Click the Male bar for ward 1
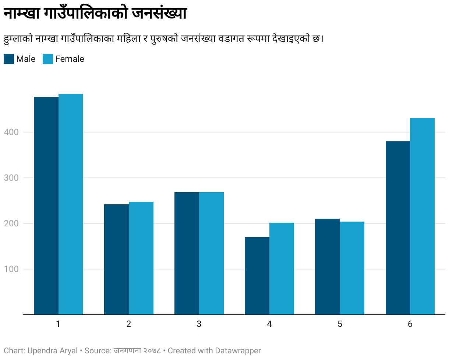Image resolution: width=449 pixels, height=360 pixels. [46, 205]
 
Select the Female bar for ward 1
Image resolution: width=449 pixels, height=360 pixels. [71, 204]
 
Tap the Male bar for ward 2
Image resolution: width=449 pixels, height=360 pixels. [116, 260]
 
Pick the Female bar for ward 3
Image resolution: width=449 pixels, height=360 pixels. [211, 253]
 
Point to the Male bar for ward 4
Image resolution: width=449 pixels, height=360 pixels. [257, 276]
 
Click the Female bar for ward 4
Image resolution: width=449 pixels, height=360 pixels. [282, 269]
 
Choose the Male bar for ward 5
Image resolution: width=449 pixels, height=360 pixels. [327, 267]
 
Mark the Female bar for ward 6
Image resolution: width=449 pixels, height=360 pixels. [422, 216]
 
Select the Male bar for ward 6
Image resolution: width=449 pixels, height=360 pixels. [398, 228]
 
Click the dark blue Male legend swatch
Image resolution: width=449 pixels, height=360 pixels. [9, 59]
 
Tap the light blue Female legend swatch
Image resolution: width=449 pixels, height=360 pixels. [48, 59]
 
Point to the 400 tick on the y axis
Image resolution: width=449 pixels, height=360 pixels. [11, 132]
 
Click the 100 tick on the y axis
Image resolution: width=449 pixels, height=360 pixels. [11, 269]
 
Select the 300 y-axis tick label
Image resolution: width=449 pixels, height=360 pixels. [11, 178]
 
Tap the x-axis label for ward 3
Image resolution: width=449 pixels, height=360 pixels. [199, 324]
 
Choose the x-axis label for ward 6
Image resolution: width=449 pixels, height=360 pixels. [410, 324]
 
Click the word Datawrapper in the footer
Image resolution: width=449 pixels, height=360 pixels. [238, 351]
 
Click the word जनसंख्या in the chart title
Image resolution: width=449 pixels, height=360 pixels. [159, 13]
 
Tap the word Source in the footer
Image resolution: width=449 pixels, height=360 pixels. [98, 350]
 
